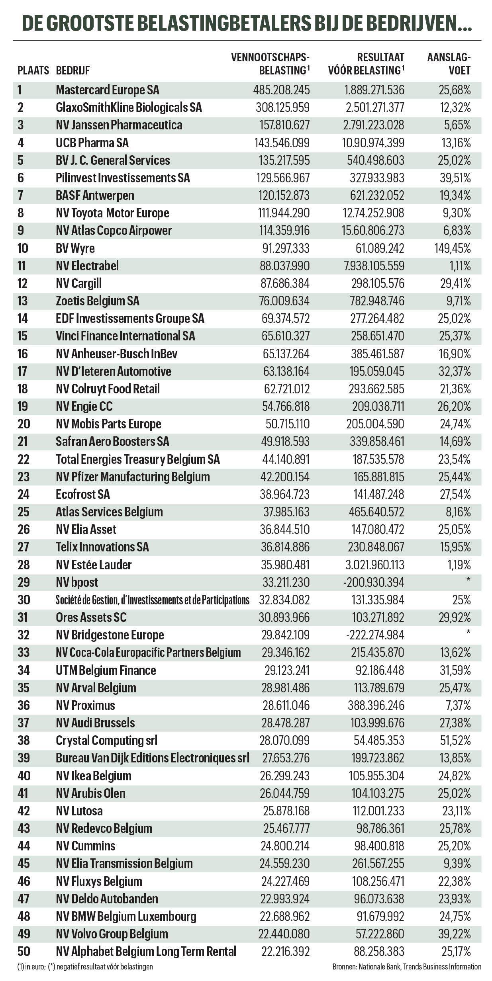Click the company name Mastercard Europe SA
pyautogui.click(x=107, y=90)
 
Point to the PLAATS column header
pyautogui.click(x=33, y=71)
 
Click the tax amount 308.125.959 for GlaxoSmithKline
pyautogui.click(x=282, y=107)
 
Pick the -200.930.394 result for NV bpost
pyautogui.click(x=373, y=582)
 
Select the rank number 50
pyautogui.click(x=24, y=952)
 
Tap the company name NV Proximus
pyautogui.click(x=85, y=705)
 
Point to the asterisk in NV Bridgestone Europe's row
pyautogui.click(x=468, y=632)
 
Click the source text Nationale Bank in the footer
pyautogui.click(x=379, y=967)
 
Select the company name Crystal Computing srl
pyautogui.click(x=106, y=741)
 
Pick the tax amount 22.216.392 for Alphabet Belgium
pyautogui.click(x=285, y=952)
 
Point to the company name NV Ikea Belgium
pyautogui.click(x=93, y=776)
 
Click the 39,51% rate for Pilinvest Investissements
pyautogui.click(x=455, y=178)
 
